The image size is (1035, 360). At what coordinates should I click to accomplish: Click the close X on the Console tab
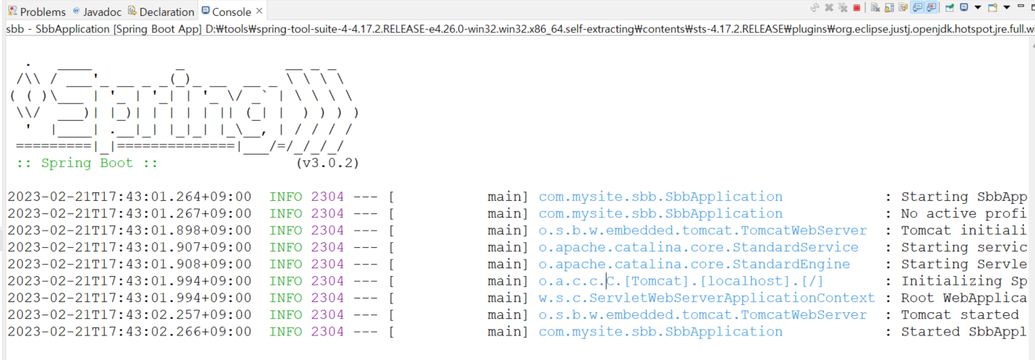point(259,12)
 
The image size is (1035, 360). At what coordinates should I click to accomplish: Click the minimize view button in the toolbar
point(1020,7)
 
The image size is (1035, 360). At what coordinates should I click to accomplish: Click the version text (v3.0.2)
point(327,163)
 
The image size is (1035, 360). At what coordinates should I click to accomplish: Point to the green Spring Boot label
point(87,163)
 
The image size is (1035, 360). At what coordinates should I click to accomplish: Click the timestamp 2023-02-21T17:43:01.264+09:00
point(129,197)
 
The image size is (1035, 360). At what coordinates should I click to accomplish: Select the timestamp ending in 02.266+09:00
point(129,332)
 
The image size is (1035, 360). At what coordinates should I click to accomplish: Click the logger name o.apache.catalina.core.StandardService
point(698,247)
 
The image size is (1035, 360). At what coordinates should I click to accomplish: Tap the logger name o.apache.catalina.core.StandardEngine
point(694,264)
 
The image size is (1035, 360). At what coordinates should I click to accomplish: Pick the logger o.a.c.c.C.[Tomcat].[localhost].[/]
point(681,281)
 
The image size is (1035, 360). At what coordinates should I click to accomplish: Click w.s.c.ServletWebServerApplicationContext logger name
point(706,298)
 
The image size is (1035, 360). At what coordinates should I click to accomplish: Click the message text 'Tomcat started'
point(959,314)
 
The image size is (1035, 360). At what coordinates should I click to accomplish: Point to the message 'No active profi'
point(963,213)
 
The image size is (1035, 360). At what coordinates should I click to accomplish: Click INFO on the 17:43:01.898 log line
point(285,231)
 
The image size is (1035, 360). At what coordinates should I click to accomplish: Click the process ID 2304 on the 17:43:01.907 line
point(327,247)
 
